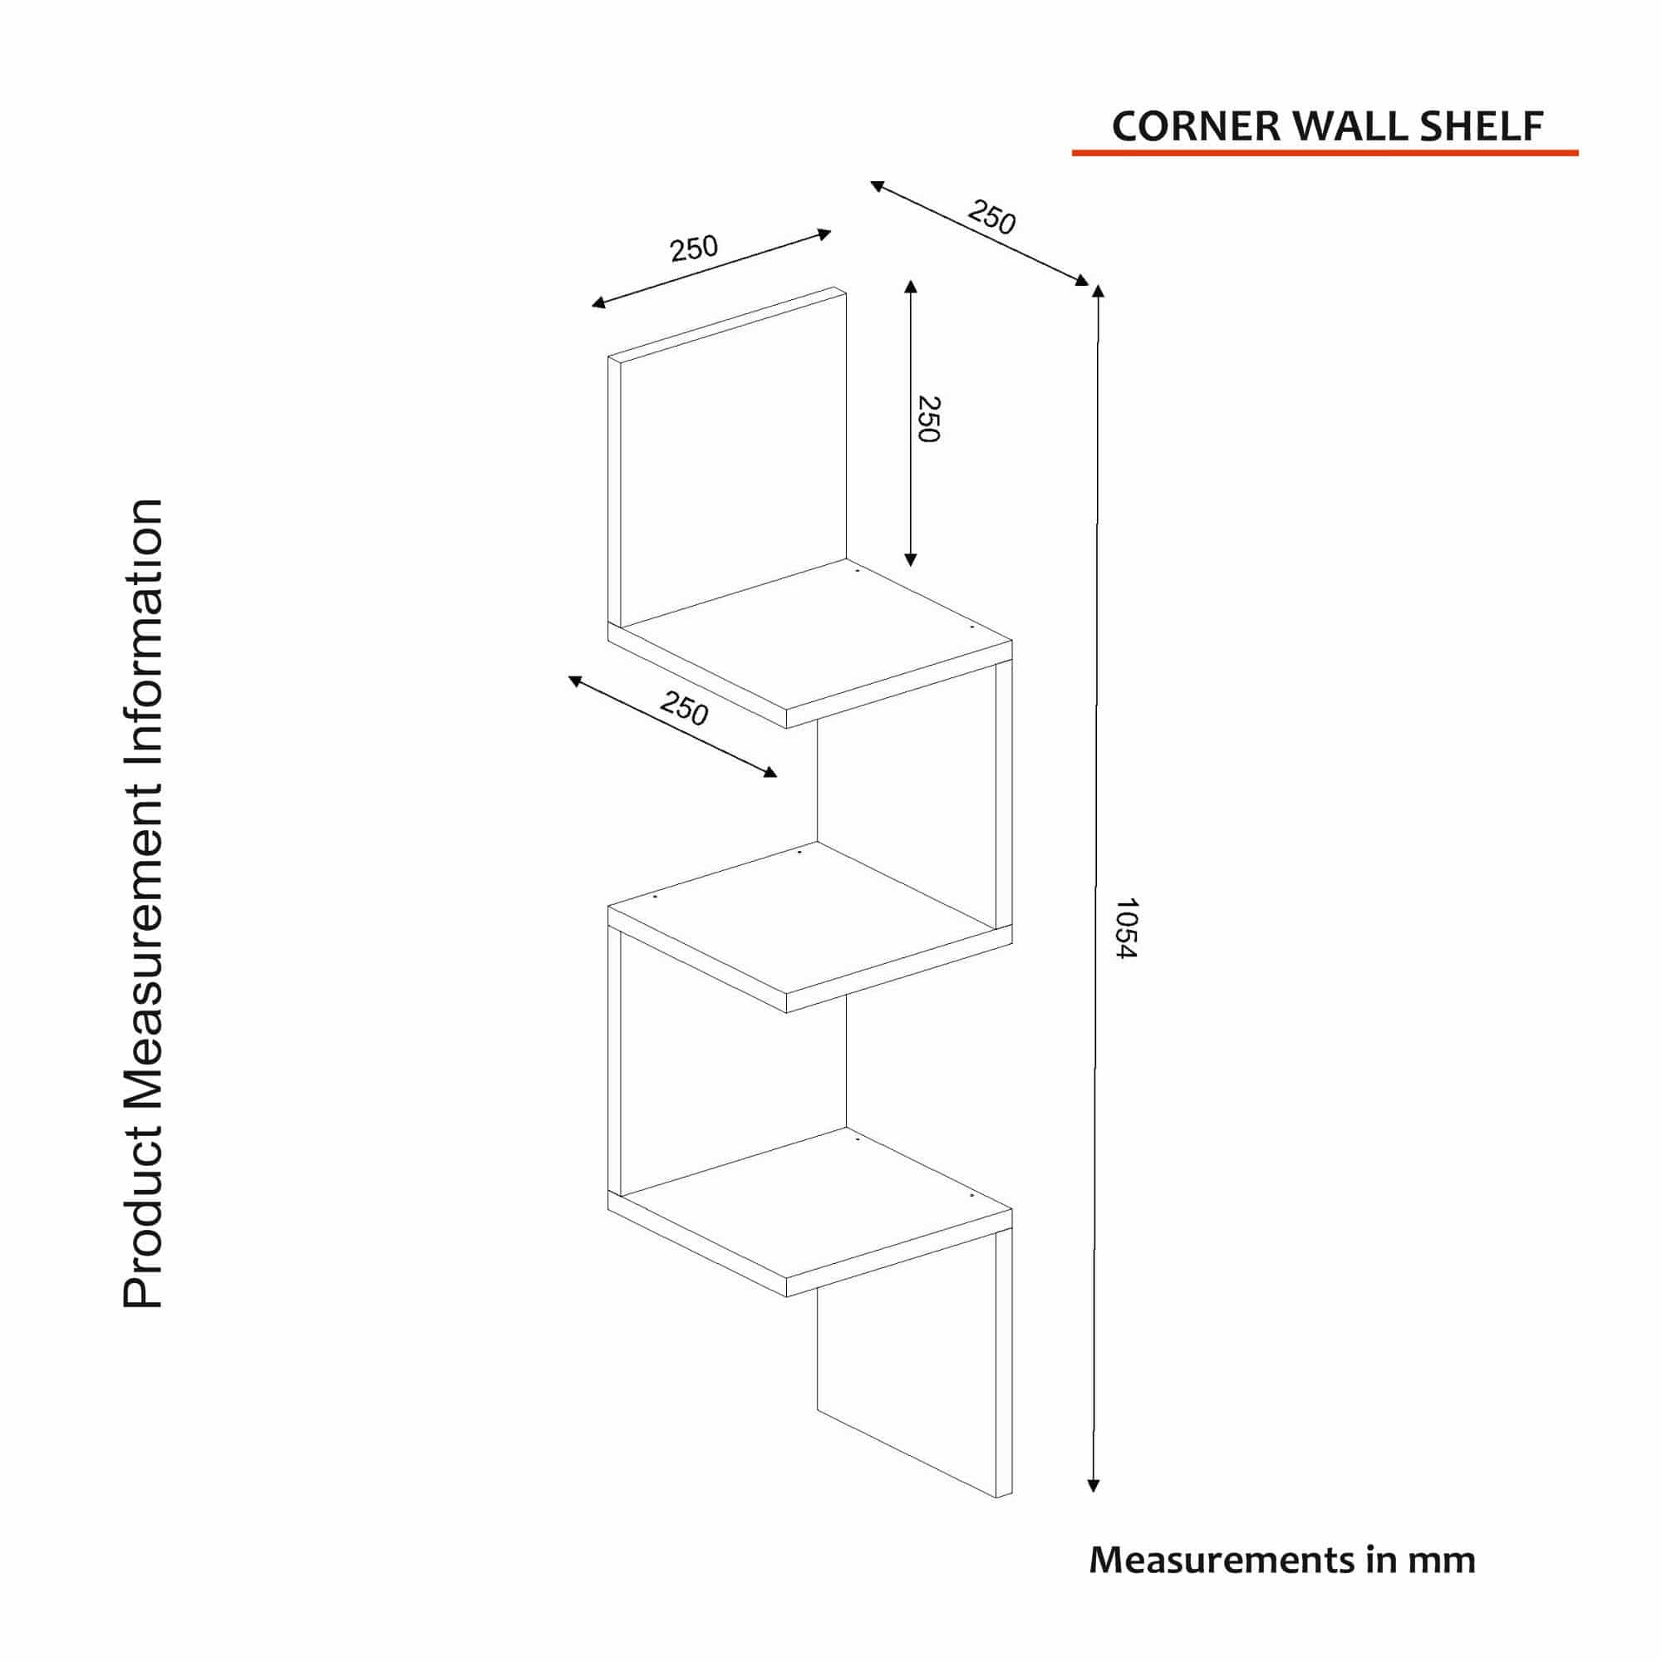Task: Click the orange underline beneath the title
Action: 1324,153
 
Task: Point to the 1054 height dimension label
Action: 1126,929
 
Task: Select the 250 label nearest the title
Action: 992,217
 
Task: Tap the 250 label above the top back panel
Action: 693,248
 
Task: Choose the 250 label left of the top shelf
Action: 684,709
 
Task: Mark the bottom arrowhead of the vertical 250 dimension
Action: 911,560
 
